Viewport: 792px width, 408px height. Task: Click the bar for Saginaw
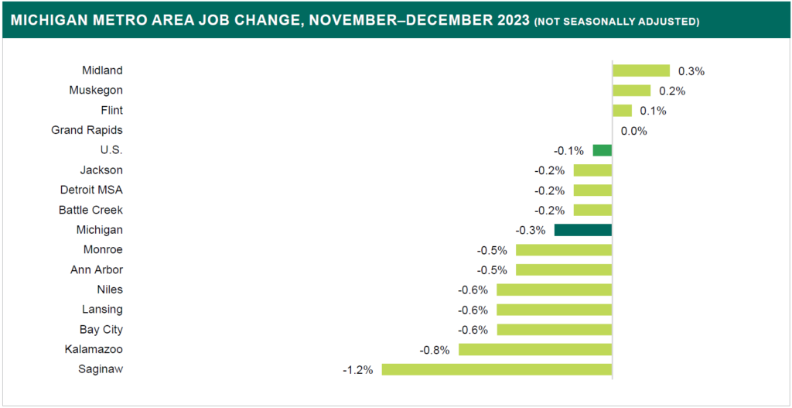(x=497, y=369)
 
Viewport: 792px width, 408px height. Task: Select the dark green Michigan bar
(x=583, y=230)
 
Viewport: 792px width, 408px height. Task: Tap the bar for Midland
(x=641, y=70)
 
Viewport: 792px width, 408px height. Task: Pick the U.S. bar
(x=603, y=150)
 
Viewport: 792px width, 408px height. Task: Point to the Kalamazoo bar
(x=535, y=349)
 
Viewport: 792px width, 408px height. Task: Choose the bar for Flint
(x=622, y=111)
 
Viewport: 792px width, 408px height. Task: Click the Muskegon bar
(x=631, y=91)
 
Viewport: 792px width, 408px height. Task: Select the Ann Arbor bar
(x=564, y=270)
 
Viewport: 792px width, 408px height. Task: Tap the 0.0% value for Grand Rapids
(x=633, y=131)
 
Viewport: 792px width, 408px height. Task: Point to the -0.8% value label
(x=435, y=350)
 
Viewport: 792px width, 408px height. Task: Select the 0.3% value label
(x=691, y=71)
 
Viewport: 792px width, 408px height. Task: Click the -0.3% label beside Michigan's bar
(x=531, y=230)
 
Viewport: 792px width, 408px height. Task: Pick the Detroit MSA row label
(x=91, y=190)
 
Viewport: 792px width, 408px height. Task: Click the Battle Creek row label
(x=90, y=210)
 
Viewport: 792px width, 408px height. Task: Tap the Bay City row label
(x=101, y=330)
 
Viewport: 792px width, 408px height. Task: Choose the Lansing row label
(x=102, y=310)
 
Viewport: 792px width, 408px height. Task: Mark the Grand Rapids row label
(x=87, y=130)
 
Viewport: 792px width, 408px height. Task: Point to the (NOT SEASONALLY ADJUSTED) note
(x=616, y=22)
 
